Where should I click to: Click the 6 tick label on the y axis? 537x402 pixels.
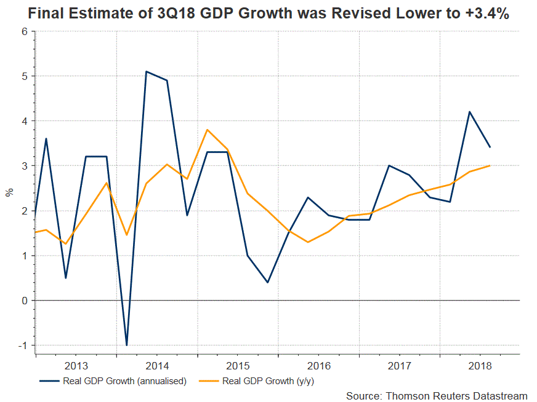[25, 31]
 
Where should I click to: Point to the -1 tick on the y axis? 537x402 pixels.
[24, 345]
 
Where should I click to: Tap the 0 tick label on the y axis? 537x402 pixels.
[25, 301]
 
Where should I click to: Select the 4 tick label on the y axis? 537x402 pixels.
[25, 121]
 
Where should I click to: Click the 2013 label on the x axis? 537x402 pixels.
[76, 365]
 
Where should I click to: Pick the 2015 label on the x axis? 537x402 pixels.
[238, 365]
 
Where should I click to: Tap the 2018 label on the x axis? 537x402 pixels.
[480, 365]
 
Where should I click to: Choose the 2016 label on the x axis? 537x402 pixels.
[318, 365]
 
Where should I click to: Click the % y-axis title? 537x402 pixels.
[9, 192]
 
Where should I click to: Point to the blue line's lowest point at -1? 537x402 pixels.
[126, 345]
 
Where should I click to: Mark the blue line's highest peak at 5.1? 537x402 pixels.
[146, 71]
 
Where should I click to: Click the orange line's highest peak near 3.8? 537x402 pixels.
[207, 130]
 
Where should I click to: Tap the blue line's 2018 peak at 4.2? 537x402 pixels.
[469, 112]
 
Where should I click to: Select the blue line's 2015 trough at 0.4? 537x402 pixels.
[268, 282]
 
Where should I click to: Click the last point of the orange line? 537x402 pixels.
[490, 165]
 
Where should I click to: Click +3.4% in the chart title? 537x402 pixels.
[485, 14]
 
